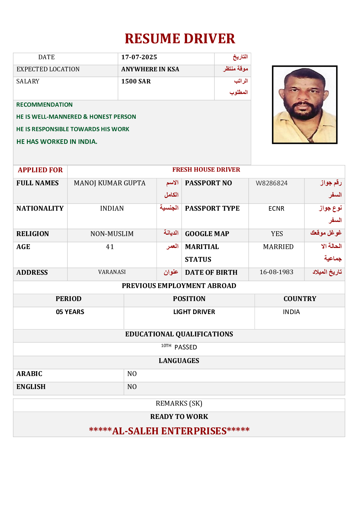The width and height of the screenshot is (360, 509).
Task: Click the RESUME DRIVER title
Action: [x=180, y=39]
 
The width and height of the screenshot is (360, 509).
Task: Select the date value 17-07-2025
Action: [x=139, y=57]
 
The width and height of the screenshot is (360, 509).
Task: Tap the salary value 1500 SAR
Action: [x=136, y=81]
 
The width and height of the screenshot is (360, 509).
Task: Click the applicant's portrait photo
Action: [x=304, y=105]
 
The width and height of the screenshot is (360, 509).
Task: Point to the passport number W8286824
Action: [x=271, y=183]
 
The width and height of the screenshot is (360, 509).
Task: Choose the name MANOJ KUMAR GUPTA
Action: [x=109, y=183]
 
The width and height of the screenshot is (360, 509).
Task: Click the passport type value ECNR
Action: [x=276, y=209]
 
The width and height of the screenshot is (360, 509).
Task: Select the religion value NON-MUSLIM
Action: [x=112, y=234]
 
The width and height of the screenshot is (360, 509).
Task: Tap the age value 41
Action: [x=110, y=247]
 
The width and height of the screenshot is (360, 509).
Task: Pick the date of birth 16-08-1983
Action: [x=276, y=272]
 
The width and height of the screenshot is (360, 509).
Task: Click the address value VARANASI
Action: [x=112, y=272]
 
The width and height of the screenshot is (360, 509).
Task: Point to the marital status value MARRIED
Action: [x=278, y=247]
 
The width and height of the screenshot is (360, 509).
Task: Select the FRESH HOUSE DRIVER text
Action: [x=206, y=170]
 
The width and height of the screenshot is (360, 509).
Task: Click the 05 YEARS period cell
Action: [x=70, y=312]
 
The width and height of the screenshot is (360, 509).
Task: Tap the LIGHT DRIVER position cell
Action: [x=194, y=312]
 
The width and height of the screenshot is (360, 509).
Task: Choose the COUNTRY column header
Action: [x=300, y=299]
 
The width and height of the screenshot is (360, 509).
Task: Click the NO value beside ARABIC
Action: [x=132, y=374]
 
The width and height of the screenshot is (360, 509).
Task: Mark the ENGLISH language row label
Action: [x=31, y=387]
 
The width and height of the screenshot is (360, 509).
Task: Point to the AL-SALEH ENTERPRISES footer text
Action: [x=169, y=431]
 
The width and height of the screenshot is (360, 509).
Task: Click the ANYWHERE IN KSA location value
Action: [x=150, y=69]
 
